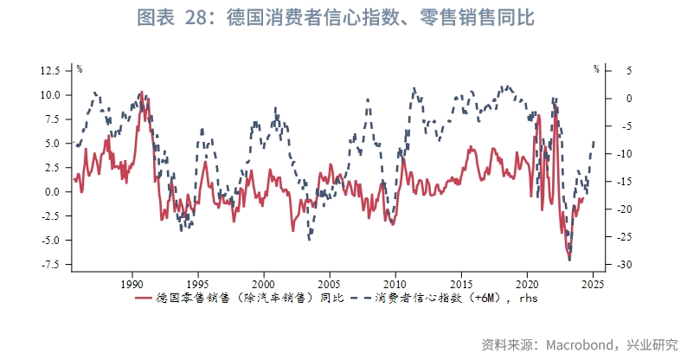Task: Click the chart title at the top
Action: (x=343, y=18)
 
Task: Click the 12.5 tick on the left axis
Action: (x=48, y=70)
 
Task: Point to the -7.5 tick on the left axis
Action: (x=48, y=264)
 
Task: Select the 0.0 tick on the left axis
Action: (x=50, y=192)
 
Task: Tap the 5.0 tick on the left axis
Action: (x=50, y=144)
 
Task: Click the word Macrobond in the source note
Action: (x=578, y=344)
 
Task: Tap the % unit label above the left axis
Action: (x=79, y=67)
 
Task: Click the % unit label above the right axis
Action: (x=595, y=67)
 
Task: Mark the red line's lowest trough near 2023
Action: (x=569, y=260)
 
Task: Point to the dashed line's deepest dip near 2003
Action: (x=310, y=239)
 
